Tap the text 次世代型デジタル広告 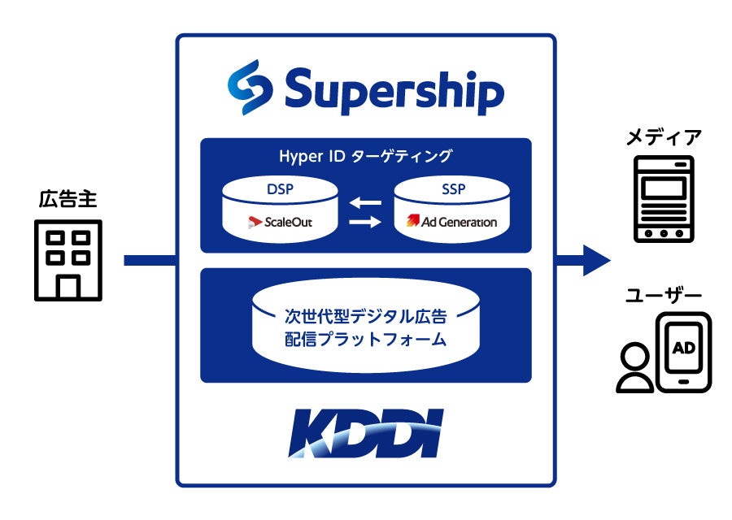click(365, 314)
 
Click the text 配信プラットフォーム click(365, 340)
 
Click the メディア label click(663, 136)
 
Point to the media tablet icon click(663, 199)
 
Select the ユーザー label click(664, 297)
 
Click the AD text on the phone click(683, 349)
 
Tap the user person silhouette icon click(635, 367)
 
